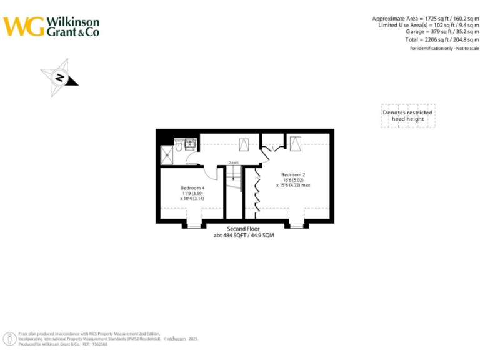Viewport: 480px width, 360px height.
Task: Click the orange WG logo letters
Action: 24,27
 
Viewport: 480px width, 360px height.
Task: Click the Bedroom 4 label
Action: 192,188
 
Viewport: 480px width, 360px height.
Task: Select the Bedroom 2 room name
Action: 293,174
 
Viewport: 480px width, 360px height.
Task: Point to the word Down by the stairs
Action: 233,162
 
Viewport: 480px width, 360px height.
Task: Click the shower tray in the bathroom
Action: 168,154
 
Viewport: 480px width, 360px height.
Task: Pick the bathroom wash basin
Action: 190,144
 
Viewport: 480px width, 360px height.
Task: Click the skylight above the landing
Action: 244,145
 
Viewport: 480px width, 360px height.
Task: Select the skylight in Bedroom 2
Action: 295,144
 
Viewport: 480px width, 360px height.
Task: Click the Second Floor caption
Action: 244,229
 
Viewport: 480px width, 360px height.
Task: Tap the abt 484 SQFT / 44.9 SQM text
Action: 244,236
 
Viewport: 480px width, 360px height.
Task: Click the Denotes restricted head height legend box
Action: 407,116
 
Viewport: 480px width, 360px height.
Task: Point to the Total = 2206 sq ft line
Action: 437,39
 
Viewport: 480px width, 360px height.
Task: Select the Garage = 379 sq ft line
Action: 438,31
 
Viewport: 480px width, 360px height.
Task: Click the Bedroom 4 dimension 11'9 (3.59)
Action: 192,194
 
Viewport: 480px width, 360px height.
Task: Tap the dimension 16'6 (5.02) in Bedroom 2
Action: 293,180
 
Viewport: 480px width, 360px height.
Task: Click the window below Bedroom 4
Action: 194,224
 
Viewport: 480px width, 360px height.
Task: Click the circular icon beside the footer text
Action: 11,339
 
